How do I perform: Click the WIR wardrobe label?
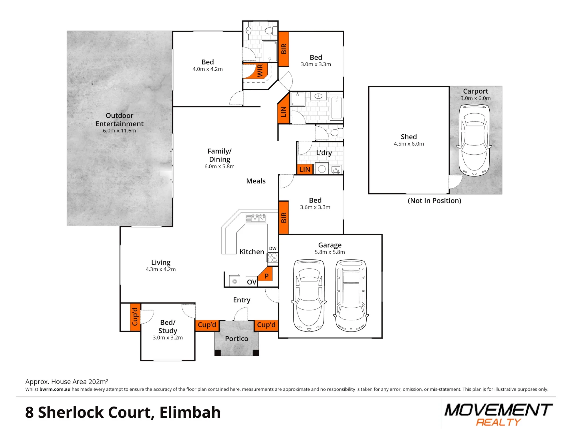[x=260, y=70]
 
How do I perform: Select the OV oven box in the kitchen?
[x=252, y=282]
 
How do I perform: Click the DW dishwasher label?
[x=273, y=248]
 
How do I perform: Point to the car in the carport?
[x=474, y=140]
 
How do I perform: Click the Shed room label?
[x=409, y=137]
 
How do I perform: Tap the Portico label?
[x=237, y=339]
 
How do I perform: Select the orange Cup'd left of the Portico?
[x=207, y=325]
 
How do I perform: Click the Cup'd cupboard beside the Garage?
[x=266, y=325]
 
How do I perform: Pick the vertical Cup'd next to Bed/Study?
[x=135, y=317]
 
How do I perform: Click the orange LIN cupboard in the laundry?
[x=305, y=169]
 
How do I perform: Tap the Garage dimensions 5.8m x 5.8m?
[x=330, y=252]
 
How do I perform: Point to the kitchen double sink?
[x=256, y=218]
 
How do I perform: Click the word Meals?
[x=256, y=181]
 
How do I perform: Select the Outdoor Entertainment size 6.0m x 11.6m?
[x=120, y=131]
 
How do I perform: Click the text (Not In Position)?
[x=434, y=201]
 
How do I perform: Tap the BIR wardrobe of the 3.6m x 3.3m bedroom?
[x=283, y=218]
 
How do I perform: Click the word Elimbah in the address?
[x=190, y=413]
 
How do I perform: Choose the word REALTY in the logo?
[x=498, y=422]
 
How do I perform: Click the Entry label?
[x=242, y=300]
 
